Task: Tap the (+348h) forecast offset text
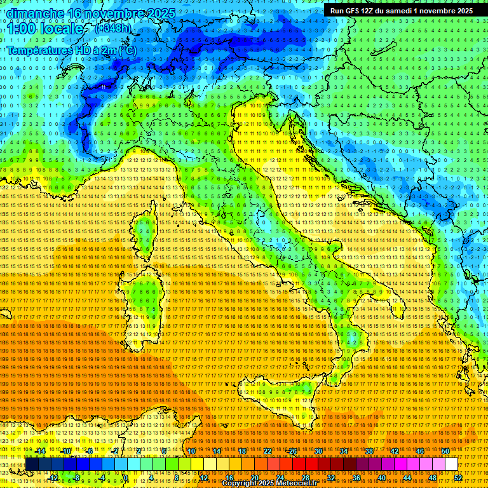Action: pyautogui.click(x=113, y=28)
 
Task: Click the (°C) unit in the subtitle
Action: pyautogui.click(x=128, y=50)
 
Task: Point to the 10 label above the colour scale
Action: pyautogui.click(x=191, y=451)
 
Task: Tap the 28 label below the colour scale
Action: pyautogui.click(x=305, y=478)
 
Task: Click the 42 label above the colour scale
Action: pyautogui.click(x=394, y=451)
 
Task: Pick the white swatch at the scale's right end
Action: pyautogui.click(x=451, y=464)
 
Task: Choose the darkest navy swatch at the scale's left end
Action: pyautogui.click(x=32, y=464)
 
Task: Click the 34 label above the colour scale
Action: pyautogui.click(x=343, y=451)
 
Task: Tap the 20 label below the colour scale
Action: pyautogui.click(x=254, y=478)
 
